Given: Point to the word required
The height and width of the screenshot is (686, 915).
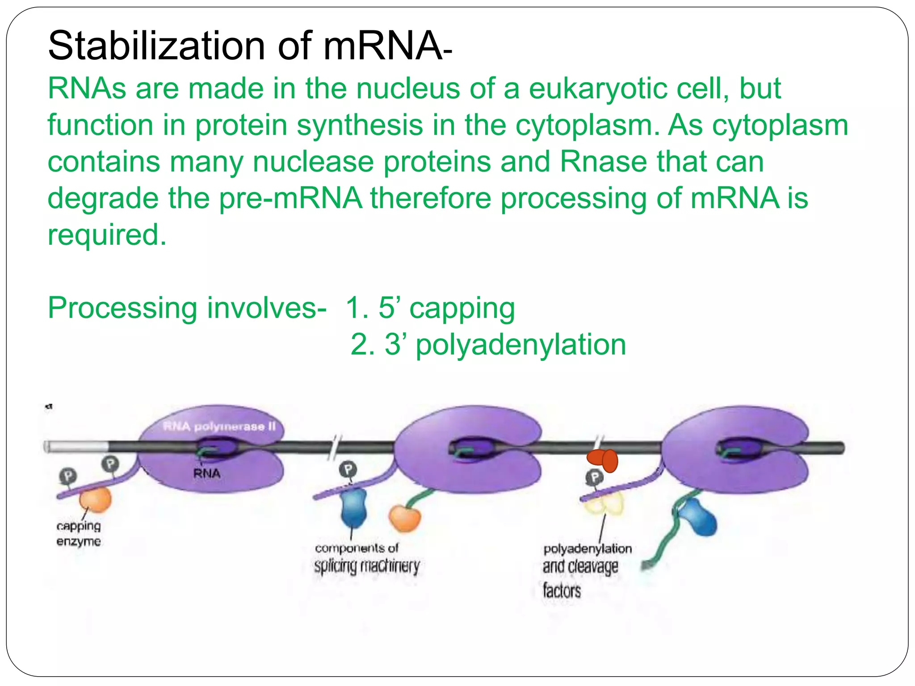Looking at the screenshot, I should (107, 235).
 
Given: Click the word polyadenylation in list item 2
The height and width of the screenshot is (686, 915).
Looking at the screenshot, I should (520, 345).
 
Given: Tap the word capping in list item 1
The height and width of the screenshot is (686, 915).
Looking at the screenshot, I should (462, 309).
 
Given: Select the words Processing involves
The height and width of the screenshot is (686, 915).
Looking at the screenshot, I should (187, 309).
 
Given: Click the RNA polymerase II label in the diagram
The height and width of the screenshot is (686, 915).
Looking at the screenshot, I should (219, 427).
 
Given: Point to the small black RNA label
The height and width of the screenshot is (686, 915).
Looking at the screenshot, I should (206, 473).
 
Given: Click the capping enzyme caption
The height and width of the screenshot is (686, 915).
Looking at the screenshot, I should (79, 533).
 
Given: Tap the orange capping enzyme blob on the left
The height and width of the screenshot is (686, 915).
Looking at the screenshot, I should (96, 500).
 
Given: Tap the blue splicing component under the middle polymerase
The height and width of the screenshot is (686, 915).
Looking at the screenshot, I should (354, 508).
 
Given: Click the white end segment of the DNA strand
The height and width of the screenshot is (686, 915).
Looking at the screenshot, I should (76, 446).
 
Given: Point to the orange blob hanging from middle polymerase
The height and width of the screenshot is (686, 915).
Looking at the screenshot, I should (404, 519).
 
